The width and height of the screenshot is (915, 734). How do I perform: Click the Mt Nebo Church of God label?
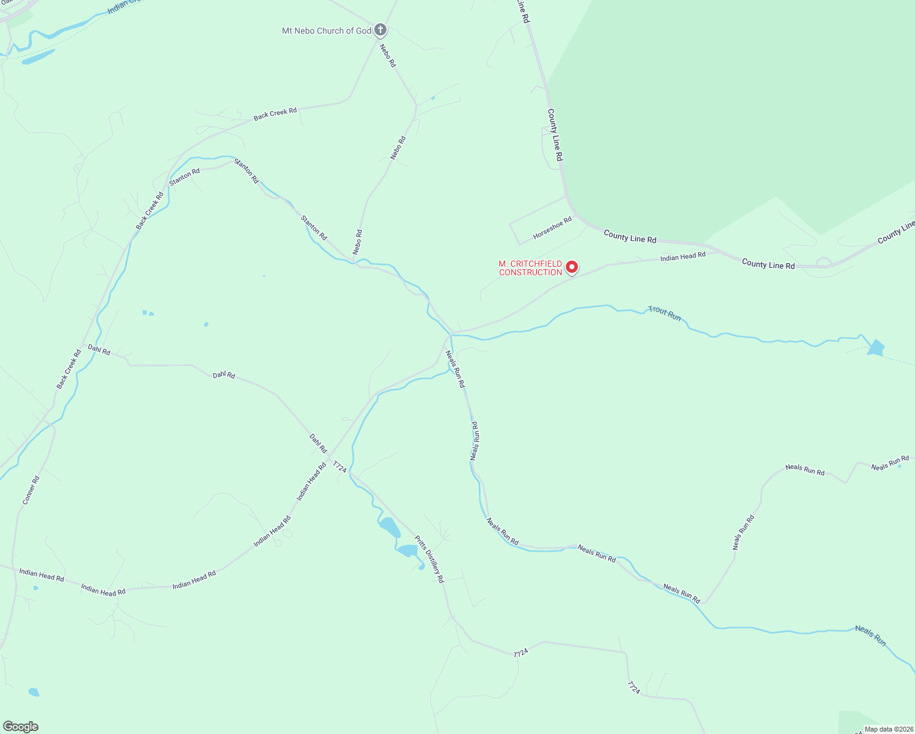pos(326,31)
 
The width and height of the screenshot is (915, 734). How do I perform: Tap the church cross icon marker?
pos(380,29)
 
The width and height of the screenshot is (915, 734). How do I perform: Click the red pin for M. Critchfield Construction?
pos(571,267)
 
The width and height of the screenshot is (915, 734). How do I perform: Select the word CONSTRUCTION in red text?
pos(530,273)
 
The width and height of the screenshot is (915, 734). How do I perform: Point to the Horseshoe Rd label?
pos(552,228)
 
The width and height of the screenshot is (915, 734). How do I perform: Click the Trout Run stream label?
pos(665,313)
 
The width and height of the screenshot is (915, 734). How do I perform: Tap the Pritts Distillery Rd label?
pos(429,558)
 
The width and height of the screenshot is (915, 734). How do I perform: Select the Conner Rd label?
pos(31,490)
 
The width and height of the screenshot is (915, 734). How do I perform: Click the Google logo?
pos(20,727)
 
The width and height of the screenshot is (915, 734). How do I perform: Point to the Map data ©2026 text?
pos(888,729)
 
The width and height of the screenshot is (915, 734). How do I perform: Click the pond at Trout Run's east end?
pos(876,348)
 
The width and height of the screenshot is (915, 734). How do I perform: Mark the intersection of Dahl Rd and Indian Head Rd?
pos(330,458)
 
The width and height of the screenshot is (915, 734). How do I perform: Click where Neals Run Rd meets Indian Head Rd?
pos(451,335)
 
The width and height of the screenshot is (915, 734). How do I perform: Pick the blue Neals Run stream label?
pos(870,636)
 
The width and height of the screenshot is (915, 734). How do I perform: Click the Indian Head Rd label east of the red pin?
pos(683,256)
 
